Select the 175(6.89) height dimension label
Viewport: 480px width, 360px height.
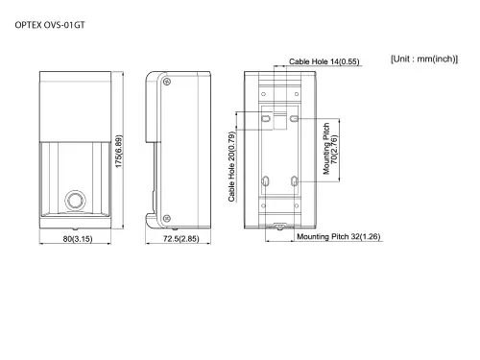coord(119,152)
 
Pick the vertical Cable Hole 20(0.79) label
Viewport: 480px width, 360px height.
coord(232,169)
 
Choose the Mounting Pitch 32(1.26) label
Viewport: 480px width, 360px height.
coord(339,236)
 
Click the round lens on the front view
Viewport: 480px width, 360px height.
coord(73,201)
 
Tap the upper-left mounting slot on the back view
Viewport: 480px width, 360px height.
coord(266,120)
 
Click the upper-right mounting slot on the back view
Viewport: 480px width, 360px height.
coord(295,120)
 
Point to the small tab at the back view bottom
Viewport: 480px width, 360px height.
coord(279,228)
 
